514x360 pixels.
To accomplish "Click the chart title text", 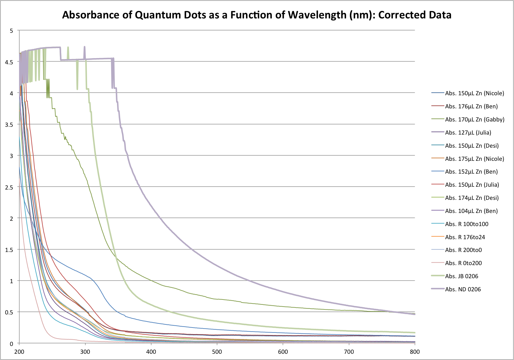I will coord(257,15).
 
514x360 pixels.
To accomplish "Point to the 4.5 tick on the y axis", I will coord(9,62).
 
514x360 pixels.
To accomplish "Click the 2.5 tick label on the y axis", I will coord(9,187).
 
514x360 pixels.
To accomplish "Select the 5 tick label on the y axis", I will coord(12,31).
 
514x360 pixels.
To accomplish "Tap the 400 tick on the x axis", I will coord(151,352).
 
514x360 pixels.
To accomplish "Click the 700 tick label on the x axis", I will coord(349,352).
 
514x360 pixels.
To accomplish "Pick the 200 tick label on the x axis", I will coord(19,352).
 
